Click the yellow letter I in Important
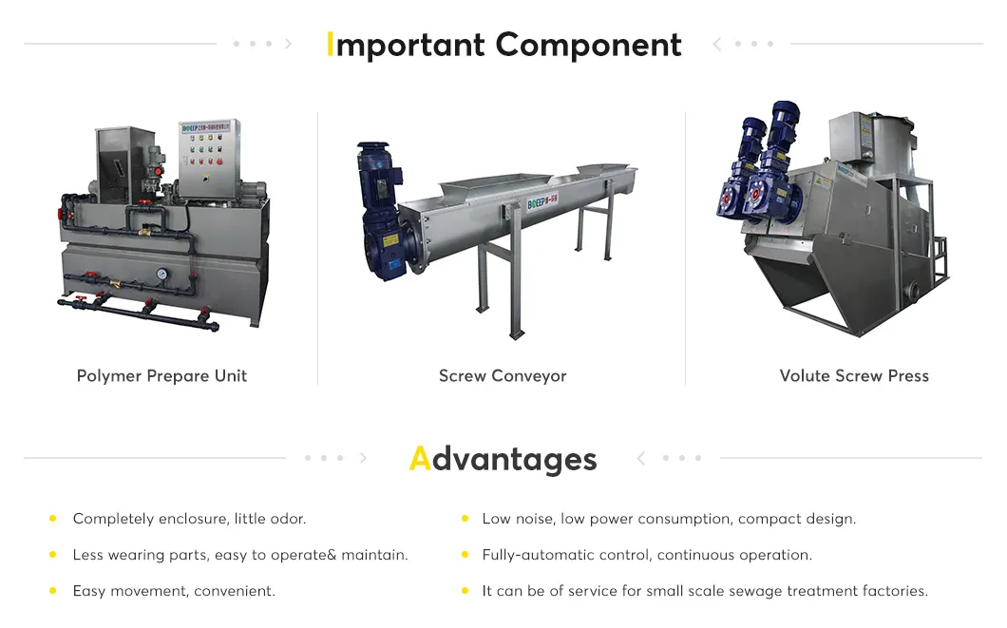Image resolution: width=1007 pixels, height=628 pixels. click(x=330, y=45)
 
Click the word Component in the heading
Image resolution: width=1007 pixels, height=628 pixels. click(x=588, y=46)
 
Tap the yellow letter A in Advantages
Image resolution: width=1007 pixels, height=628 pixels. click(x=419, y=459)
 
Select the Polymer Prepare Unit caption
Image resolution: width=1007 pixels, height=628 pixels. click(x=161, y=376)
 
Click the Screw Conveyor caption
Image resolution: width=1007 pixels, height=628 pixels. click(x=503, y=376)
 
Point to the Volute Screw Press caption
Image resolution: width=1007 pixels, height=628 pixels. click(x=854, y=376)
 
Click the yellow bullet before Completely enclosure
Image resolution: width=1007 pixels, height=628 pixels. click(x=52, y=519)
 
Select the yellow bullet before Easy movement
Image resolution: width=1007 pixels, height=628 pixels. click(x=52, y=591)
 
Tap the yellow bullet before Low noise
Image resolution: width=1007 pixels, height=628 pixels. click(x=465, y=519)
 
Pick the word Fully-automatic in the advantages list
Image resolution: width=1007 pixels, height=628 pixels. click(x=529, y=555)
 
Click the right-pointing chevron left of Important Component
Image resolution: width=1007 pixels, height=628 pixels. click(x=288, y=44)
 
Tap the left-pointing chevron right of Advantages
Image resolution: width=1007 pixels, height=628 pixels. click(x=641, y=459)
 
